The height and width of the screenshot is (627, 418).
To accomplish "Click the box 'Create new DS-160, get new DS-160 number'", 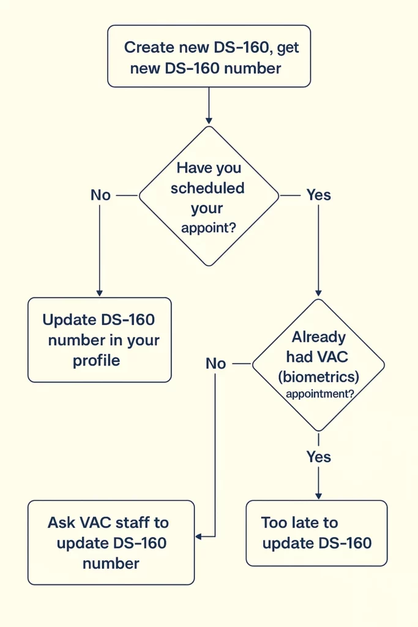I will click(x=209, y=56).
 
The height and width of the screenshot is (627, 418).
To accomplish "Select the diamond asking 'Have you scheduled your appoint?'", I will click(x=209, y=196).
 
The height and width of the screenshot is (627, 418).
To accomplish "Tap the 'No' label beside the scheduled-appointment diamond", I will click(x=100, y=195).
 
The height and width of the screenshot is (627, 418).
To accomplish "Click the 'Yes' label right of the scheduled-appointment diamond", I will click(x=318, y=195).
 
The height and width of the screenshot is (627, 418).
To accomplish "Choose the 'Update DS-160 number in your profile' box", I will click(x=99, y=340).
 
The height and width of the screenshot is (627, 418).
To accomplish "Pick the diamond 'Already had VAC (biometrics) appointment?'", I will click(x=318, y=365).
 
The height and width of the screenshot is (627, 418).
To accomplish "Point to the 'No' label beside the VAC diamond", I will click(x=215, y=364).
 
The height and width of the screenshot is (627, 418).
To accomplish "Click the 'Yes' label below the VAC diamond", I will click(x=318, y=457).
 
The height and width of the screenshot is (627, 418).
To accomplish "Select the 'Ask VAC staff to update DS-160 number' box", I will click(x=111, y=543).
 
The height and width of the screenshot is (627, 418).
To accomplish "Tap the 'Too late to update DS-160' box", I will click(x=316, y=533).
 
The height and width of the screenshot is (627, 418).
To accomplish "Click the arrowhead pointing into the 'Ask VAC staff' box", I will click(x=198, y=536).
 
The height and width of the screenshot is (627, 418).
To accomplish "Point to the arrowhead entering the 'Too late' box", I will click(x=318, y=496).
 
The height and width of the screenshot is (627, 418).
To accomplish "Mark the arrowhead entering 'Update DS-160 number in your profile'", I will click(x=99, y=293).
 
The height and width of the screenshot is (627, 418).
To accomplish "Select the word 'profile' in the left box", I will click(x=97, y=360).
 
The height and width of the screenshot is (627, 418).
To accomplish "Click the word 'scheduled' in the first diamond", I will click(x=207, y=188).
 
